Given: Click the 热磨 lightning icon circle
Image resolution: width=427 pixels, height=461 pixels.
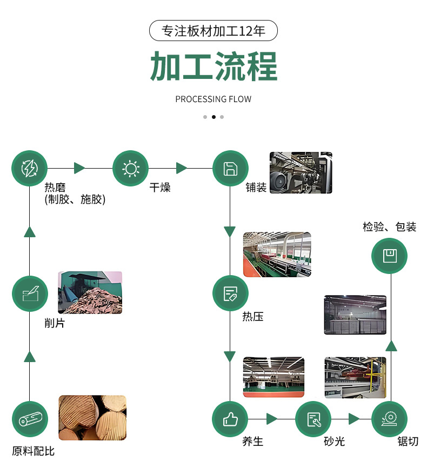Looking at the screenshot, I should tap(30, 169).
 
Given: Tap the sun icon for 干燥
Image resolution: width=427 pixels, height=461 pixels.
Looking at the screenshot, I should tap(130, 169).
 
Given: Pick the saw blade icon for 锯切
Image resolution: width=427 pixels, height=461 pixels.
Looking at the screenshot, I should tap(389, 419).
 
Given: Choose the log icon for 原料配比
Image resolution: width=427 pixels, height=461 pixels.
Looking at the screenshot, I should tap(30, 419).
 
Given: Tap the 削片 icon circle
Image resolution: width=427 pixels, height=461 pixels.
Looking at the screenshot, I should tap(30, 294).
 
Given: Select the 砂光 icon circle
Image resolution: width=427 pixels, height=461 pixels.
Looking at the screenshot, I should tap(313, 419).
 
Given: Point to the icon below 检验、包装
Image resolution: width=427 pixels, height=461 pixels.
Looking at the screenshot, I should tap(389, 255).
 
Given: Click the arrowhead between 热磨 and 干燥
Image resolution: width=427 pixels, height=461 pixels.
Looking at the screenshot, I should tap(80, 168).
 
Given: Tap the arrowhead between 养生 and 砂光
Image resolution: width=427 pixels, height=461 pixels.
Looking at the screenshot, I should tap(272, 419).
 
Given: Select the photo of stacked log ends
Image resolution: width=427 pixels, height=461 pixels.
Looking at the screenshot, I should tap(92, 417).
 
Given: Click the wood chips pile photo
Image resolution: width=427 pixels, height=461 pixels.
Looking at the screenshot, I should tap(90, 292).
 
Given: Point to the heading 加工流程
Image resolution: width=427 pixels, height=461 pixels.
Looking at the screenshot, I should tap(213, 66).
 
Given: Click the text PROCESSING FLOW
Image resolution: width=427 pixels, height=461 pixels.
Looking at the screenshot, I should tap(213, 99).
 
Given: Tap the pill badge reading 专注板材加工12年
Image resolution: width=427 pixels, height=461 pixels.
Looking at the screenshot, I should tap(213, 31).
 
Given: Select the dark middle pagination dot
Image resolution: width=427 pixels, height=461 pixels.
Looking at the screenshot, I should tap(213, 117).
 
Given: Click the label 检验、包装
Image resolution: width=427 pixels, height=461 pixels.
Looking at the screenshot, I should tap(389, 227).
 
